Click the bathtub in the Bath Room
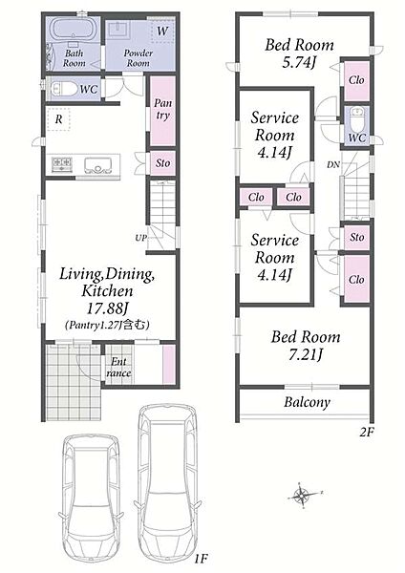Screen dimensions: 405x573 pyautogui.click(x=74, y=29)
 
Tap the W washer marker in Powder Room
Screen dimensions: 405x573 pyautogui.click(x=162, y=31)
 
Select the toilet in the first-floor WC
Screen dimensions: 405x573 pyautogui.click(x=63, y=89)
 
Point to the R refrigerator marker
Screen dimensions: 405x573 pyautogui.click(x=58, y=119)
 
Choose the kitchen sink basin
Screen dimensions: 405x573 pyautogui.click(x=98, y=165)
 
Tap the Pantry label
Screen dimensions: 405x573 pyautogui.click(x=162, y=109)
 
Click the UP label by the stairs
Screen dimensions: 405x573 pyautogui.click(x=140, y=238)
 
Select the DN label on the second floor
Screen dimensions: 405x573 pyautogui.click(x=333, y=165)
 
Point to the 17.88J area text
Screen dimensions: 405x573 pyautogui.click(x=107, y=308)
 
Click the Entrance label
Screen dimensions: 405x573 pyautogui.click(x=118, y=368)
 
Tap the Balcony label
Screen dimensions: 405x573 pyautogui.click(x=307, y=402)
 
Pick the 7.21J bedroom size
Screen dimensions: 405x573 pyautogui.click(x=306, y=354)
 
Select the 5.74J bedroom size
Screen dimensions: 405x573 pyautogui.click(x=299, y=62)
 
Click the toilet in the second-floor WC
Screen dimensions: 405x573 pyautogui.click(x=356, y=118)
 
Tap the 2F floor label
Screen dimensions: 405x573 pyautogui.click(x=366, y=433)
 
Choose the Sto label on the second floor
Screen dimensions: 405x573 pyautogui.click(x=356, y=238)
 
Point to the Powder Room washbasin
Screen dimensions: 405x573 pyautogui.click(x=117, y=28)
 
